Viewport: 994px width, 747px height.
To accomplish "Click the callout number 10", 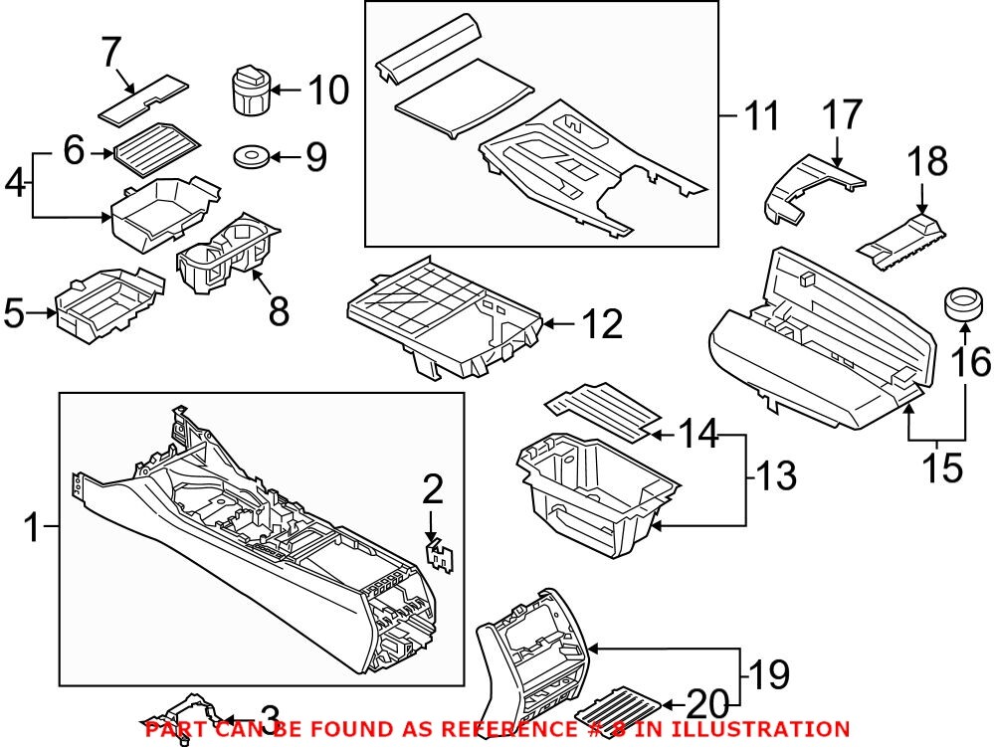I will click(x=327, y=92).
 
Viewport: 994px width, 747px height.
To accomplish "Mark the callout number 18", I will click(x=924, y=162).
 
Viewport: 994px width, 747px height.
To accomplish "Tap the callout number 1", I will click(x=32, y=527).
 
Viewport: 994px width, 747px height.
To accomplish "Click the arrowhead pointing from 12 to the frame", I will click(x=549, y=323).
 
